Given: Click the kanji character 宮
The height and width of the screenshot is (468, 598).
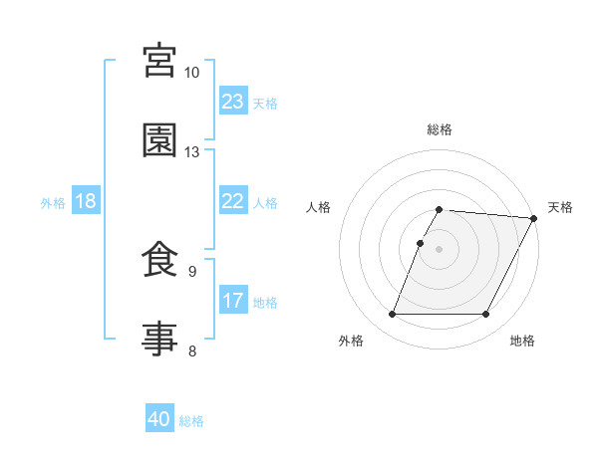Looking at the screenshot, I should (160, 62).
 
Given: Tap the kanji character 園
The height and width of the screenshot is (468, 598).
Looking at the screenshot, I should (160, 140).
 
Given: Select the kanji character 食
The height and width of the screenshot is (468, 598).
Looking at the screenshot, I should (160, 260).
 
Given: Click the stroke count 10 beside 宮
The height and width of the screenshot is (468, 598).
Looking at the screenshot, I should (192, 73).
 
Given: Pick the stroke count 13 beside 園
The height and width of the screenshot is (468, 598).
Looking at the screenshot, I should (192, 152).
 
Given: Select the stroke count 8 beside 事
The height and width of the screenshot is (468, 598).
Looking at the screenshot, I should (192, 351).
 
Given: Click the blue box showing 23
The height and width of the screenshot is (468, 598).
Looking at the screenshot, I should (233, 102).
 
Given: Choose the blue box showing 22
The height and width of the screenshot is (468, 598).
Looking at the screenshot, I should (233, 201).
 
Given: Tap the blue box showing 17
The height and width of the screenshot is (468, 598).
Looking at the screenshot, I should (233, 301).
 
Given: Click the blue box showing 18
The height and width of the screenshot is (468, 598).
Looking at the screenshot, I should (86, 201).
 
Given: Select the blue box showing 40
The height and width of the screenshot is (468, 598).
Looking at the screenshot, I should (159, 419).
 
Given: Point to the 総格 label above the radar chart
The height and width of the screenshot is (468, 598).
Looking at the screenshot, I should (440, 129).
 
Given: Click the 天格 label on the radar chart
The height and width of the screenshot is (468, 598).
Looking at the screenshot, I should (560, 207).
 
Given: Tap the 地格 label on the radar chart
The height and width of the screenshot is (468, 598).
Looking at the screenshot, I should (522, 341).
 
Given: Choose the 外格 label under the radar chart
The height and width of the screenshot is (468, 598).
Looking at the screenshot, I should (351, 341).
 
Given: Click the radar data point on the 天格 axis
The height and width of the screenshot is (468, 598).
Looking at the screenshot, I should (533, 218).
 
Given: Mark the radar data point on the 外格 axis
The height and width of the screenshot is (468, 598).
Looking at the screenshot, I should (392, 315).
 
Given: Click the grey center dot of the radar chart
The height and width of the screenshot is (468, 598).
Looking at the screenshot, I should (440, 248).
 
